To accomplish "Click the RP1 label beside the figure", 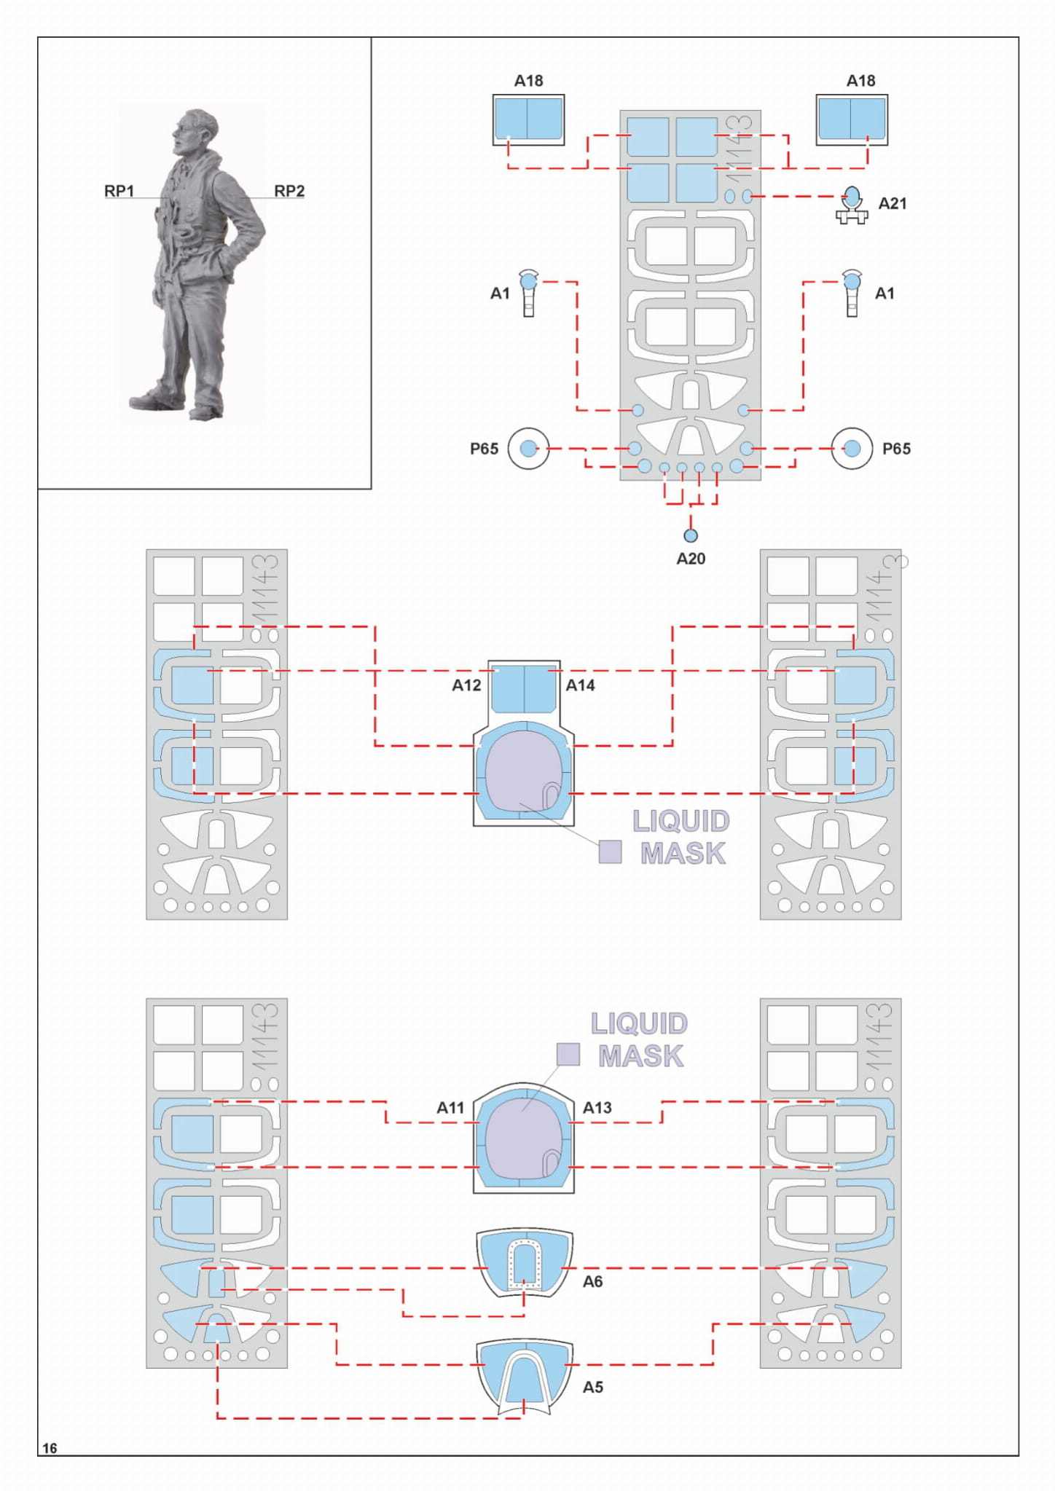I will click(x=119, y=191).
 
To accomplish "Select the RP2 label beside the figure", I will click(x=289, y=191).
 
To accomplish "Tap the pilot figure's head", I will click(x=195, y=129).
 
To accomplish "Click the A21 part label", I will click(x=892, y=204).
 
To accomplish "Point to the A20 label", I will click(x=691, y=559).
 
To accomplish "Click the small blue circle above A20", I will click(x=691, y=535).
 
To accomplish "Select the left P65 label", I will click(x=484, y=449).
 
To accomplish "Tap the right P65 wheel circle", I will click(x=852, y=448).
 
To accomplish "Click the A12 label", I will click(x=466, y=685).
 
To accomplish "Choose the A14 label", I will click(x=580, y=685).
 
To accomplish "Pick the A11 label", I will click(x=450, y=1108).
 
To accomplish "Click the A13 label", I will click(x=597, y=1108).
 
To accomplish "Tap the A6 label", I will click(x=592, y=1282).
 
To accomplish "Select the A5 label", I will click(x=592, y=1388).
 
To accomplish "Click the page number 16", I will click(x=50, y=1448).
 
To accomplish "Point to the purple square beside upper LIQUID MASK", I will click(x=610, y=851).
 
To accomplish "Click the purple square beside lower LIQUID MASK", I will click(x=568, y=1054).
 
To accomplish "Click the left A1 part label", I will click(x=499, y=294).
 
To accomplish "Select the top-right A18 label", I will click(x=860, y=81).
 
